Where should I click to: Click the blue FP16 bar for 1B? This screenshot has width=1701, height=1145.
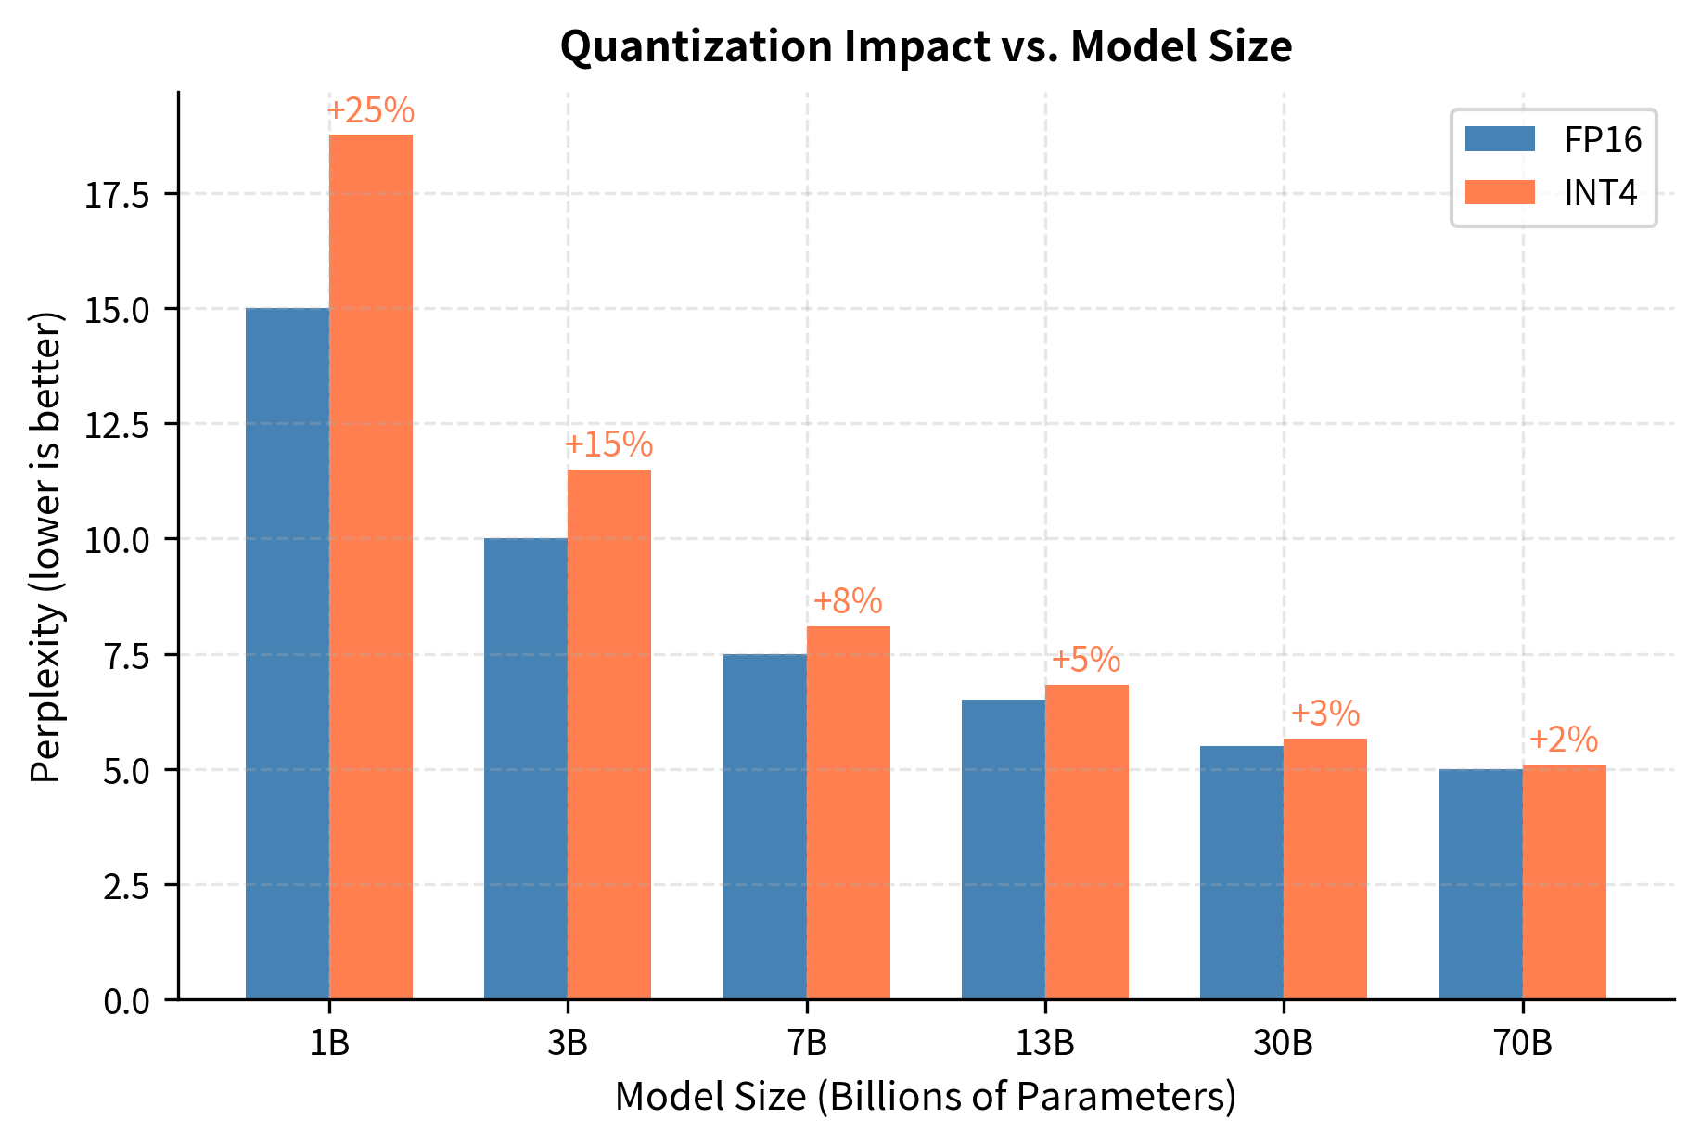(x=287, y=653)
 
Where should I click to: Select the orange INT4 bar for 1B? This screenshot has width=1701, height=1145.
(x=371, y=566)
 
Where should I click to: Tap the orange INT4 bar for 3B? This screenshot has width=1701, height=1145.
(x=609, y=734)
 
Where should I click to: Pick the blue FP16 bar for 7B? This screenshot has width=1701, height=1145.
(x=764, y=826)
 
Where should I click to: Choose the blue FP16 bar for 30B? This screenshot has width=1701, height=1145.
(x=1242, y=872)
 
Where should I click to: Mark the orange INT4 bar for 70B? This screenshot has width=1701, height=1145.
(x=1565, y=881)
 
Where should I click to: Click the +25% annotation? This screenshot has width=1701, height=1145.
(x=370, y=111)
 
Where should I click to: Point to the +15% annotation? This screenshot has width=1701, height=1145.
(x=608, y=445)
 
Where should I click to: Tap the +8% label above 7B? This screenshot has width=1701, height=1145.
(x=848, y=602)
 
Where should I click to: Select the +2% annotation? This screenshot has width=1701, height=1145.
(x=1564, y=740)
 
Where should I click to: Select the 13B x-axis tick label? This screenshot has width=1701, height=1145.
(x=1044, y=1044)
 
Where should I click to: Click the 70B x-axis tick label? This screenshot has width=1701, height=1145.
(x=1522, y=1044)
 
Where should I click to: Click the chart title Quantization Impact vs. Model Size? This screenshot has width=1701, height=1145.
(x=926, y=46)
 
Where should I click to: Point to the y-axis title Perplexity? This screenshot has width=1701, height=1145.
(x=46, y=547)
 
